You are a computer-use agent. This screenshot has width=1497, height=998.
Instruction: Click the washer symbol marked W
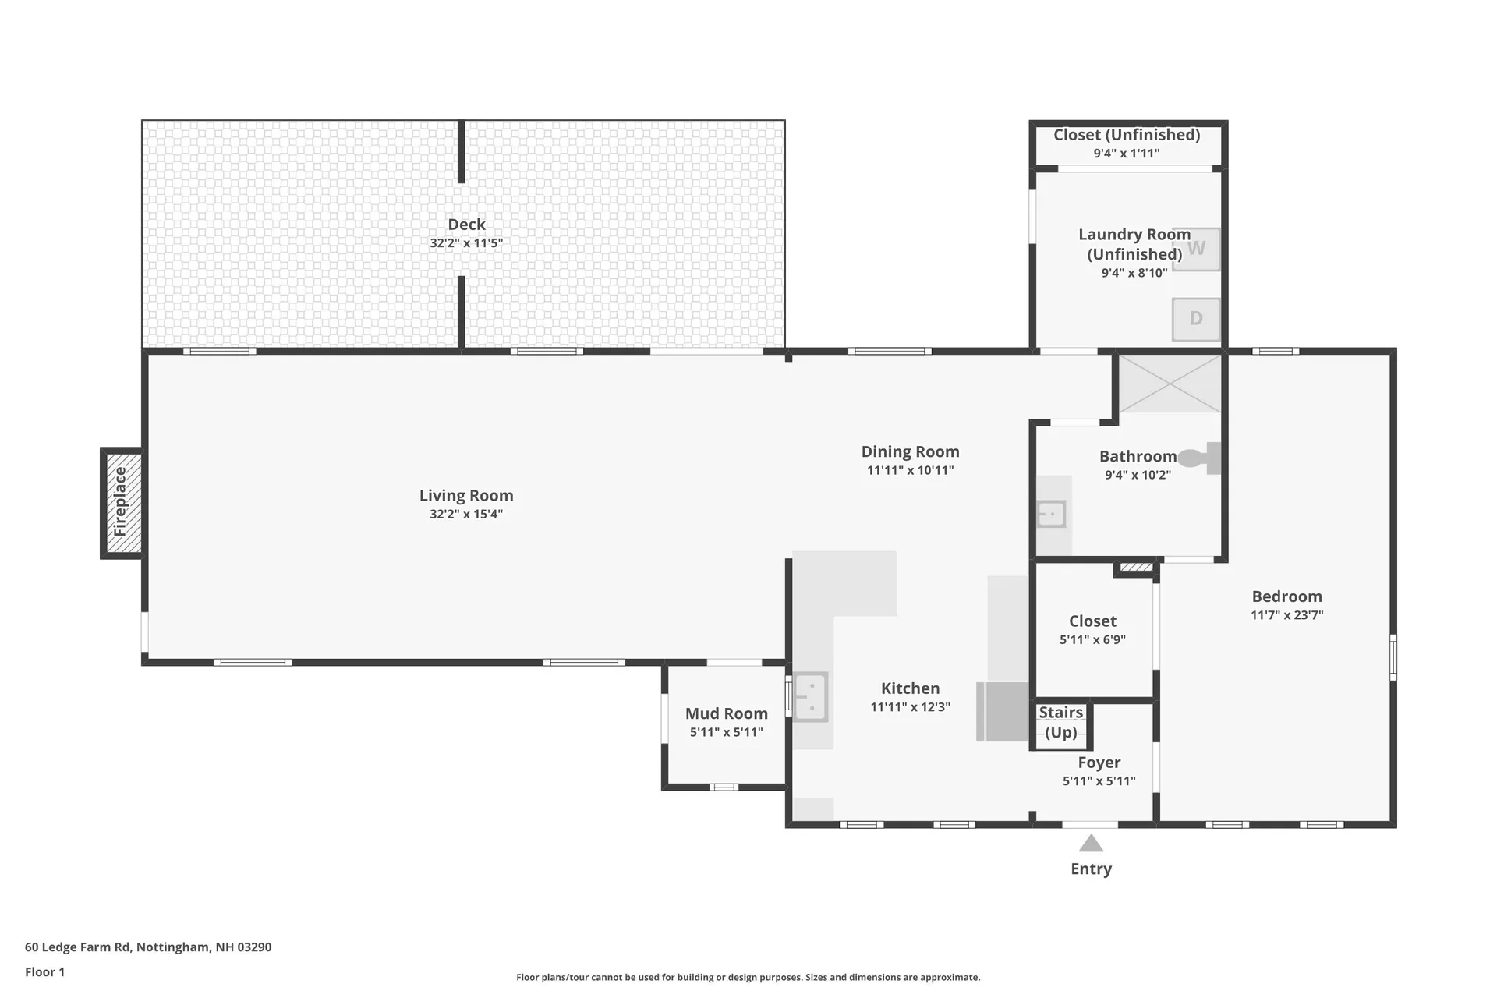[1196, 249]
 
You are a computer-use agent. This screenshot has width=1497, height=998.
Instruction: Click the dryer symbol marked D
[1196, 319]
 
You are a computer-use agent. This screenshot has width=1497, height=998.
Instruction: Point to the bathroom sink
[1051, 515]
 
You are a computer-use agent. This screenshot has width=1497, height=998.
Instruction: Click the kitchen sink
[810, 696]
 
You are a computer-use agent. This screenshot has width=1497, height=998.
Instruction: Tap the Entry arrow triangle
[1091, 844]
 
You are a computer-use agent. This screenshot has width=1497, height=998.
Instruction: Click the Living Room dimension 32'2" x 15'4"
[466, 514]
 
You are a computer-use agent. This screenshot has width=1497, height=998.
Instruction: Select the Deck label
[466, 225]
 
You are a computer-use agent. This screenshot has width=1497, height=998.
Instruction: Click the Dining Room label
[910, 451]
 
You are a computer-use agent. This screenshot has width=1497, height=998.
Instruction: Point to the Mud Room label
[726, 713]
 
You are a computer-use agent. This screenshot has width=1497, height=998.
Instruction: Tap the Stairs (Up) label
[1060, 722]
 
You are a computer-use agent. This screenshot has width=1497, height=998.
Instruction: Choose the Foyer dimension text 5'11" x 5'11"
[1099, 781]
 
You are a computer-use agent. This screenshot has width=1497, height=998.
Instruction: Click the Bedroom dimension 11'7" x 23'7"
[1286, 615]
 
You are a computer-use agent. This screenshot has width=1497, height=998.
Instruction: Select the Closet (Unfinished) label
[1127, 135]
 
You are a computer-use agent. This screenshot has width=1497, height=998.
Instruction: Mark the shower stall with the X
[1170, 384]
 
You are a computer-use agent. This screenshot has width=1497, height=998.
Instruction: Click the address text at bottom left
[148, 947]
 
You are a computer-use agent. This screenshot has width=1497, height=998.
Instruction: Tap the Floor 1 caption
[44, 971]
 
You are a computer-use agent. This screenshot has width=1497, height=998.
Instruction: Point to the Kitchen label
[910, 688]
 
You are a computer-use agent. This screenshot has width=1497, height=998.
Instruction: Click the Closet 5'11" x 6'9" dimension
[1092, 640]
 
